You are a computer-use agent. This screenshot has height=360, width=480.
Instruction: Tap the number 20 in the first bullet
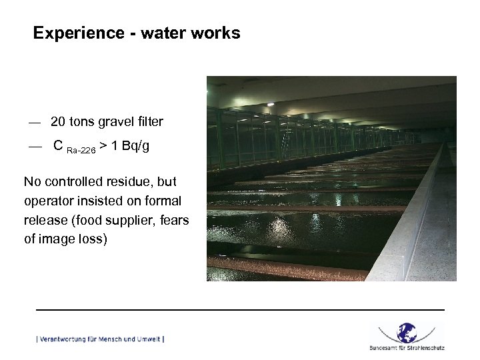[x=58, y=122]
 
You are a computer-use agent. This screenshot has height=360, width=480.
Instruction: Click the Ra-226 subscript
[x=81, y=151]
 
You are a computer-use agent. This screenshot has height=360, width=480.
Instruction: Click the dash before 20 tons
[x=35, y=123]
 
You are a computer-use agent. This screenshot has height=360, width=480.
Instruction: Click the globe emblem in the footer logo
[x=407, y=333]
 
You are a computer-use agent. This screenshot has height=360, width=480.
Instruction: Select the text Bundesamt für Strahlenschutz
[x=407, y=347]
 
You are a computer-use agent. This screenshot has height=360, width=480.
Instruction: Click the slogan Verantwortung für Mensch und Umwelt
[x=100, y=339]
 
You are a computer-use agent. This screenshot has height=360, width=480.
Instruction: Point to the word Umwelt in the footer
[x=149, y=339]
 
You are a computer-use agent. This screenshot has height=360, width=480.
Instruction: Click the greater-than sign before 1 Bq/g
[x=103, y=147]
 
